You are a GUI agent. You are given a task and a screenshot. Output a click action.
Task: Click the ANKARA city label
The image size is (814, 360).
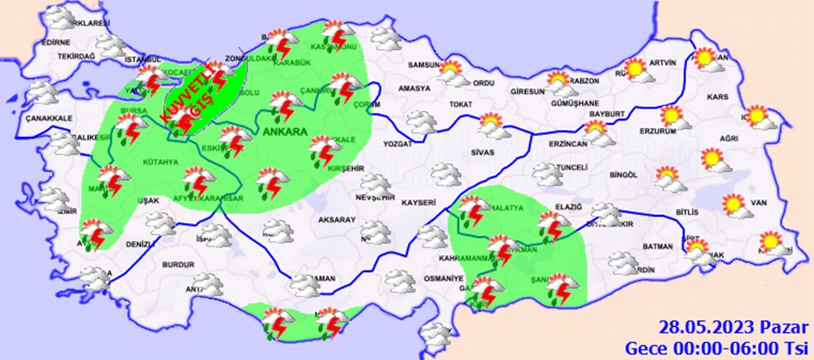pyautogui.click(x=284, y=132)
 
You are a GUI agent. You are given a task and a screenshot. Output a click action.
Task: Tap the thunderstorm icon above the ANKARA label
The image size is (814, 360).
pyautogui.click(x=284, y=103)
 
